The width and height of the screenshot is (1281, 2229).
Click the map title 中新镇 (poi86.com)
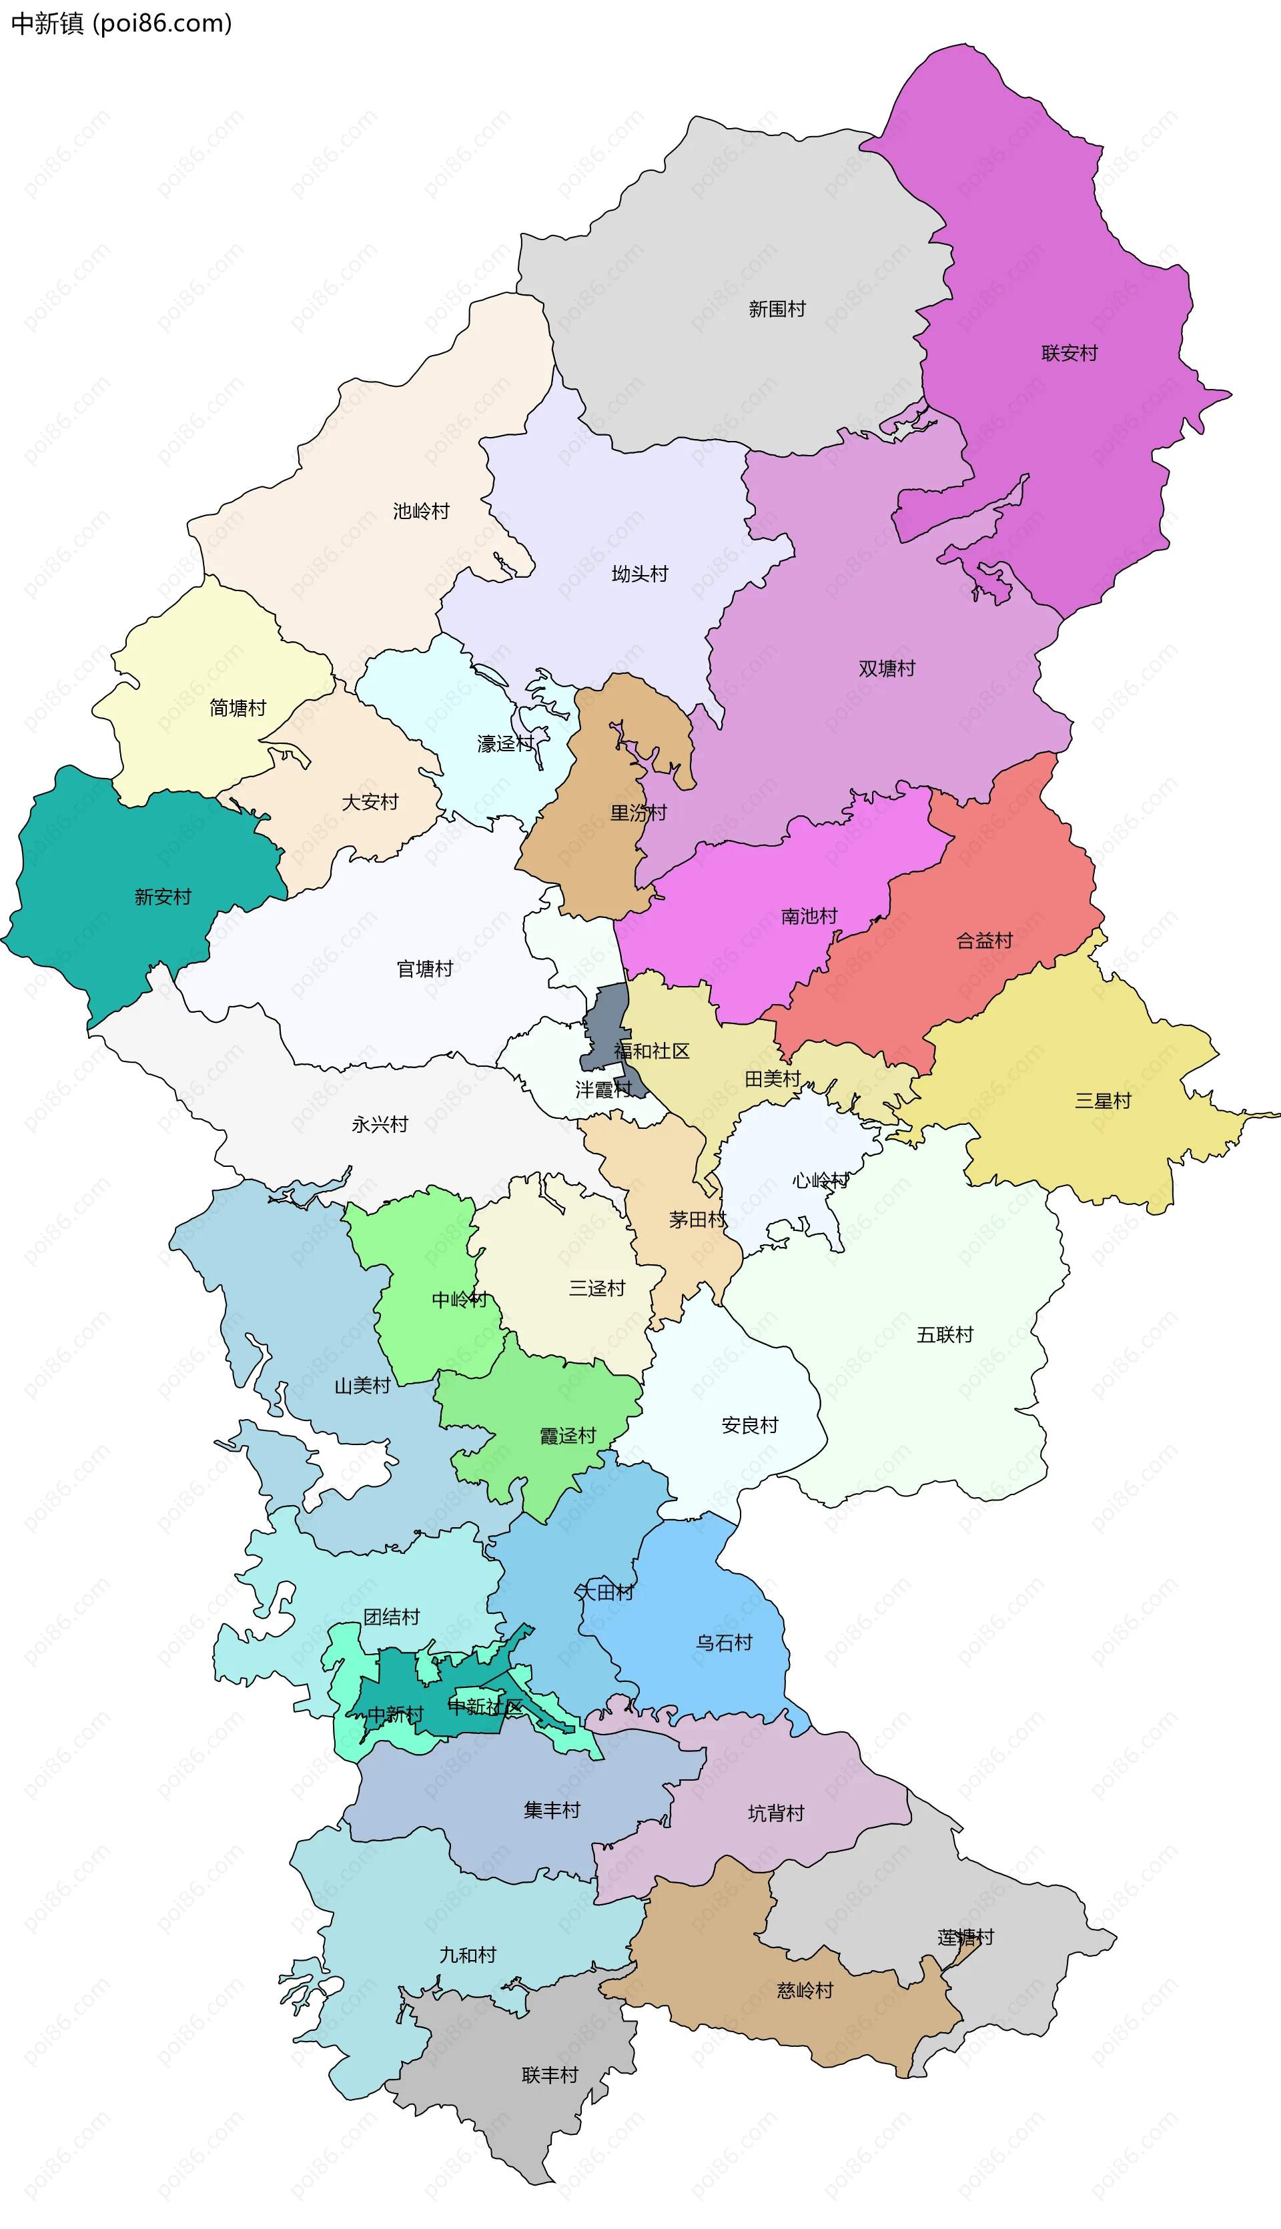click(121, 23)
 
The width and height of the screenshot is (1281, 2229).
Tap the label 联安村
click(1069, 353)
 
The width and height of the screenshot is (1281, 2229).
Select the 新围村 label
click(776, 309)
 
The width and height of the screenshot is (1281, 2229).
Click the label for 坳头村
click(640, 574)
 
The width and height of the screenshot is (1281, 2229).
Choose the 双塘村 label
click(886, 668)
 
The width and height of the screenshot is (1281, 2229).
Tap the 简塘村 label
click(238, 707)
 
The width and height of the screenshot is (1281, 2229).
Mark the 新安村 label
click(163, 897)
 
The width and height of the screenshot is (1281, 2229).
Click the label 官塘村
click(424, 969)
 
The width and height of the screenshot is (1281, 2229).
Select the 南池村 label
click(809, 916)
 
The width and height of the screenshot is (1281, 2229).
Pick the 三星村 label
click(1102, 1100)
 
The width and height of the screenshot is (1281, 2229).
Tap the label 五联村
click(945, 1334)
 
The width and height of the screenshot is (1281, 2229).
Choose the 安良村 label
click(750, 1425)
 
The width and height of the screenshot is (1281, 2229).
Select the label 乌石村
click(724, 1643)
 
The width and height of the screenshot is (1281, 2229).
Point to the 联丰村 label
click(550, 2075)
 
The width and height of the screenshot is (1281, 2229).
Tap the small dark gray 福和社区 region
click(607, 1020)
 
